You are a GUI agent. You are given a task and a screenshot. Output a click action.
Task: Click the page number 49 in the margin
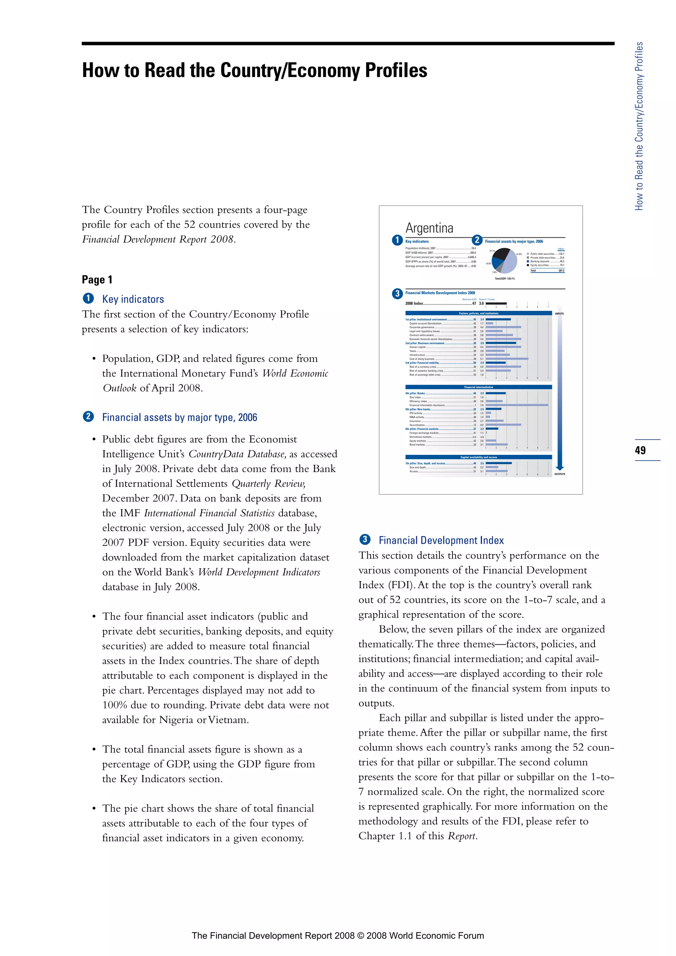point(640,450)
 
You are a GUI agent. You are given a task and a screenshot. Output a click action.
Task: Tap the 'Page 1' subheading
point(97,279)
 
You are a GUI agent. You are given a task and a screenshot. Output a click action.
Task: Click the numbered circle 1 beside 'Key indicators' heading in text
point(88,298)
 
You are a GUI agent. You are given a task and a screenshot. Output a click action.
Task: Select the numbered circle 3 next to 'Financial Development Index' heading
point(365,540)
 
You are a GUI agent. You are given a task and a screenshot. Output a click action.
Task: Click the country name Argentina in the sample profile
point(429,228)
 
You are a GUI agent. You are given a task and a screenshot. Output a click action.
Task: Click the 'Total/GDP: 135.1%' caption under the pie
point(504,279)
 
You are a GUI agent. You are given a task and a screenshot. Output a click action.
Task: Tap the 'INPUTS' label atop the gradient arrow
point(559,314)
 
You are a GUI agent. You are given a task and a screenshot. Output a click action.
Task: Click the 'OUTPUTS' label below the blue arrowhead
point(559,474)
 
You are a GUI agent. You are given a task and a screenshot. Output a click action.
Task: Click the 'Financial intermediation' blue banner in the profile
point(478,387)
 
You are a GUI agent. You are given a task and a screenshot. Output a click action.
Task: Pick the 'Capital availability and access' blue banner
point(478,457)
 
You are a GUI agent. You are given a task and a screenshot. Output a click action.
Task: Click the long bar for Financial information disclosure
point(517,405)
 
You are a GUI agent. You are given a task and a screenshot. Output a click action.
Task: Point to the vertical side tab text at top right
point(639,126)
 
